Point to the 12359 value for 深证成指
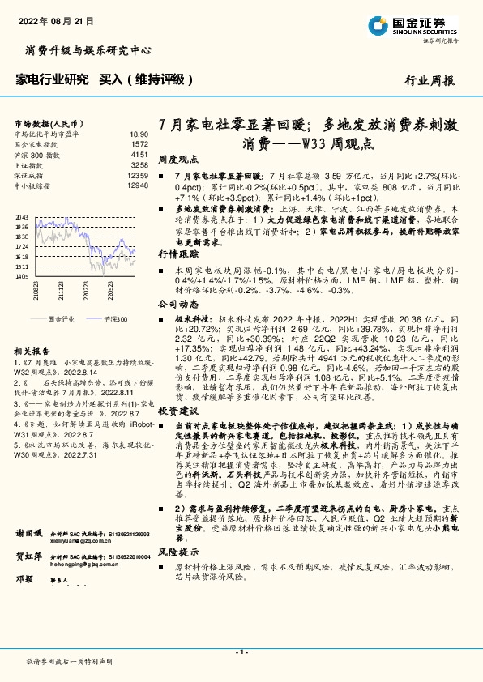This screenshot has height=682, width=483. point(137,175)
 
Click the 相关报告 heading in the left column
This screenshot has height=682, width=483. point(33,351)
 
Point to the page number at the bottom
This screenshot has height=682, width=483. point(241,653)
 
